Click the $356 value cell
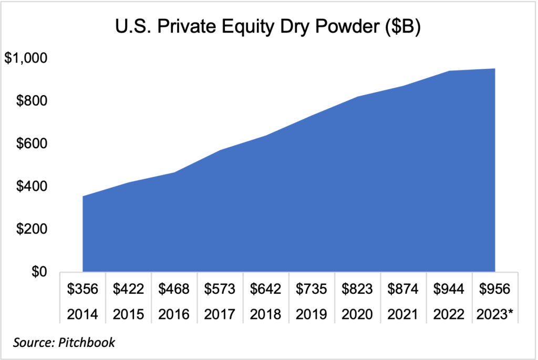click(83, 289)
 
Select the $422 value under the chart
click(129, 289)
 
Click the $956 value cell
click(494, 289)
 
